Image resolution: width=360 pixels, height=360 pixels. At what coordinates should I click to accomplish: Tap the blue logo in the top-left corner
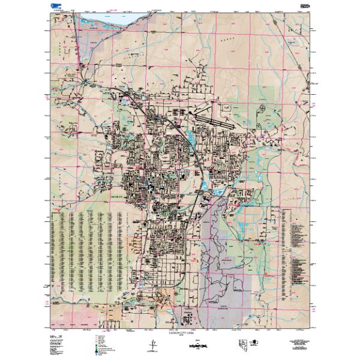(58, 6)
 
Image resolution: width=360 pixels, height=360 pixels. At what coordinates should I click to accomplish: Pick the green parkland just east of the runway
(264, 96)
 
